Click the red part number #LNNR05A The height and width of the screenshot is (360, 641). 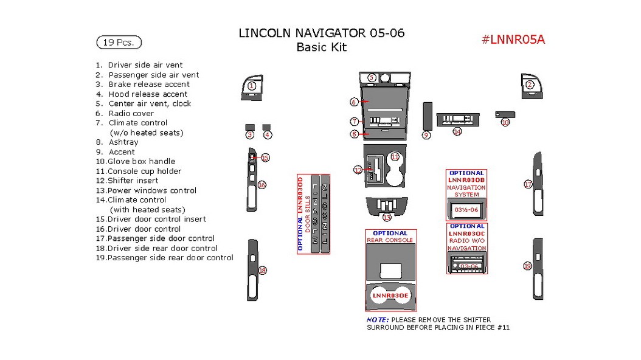[x=513, y=40]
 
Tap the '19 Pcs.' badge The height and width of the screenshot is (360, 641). [x=119, y=43]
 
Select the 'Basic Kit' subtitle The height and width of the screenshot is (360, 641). [x=321, y=47]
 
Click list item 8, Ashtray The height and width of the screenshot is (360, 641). [x=123, y=142]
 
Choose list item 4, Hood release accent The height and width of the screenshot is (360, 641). [x=148, y=94]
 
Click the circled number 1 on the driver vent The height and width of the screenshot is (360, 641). [x=252, y=86]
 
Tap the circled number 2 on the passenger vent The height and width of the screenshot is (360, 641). [x=530, y=85]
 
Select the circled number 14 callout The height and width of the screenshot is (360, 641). [x=457, y=131]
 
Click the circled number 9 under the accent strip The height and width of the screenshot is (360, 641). [x=426, y=135]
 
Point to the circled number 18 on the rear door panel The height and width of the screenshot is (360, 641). [x=263, y=271]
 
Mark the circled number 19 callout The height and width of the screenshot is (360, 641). [x=527, y=266]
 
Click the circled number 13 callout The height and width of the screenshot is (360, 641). [x=387, y=217]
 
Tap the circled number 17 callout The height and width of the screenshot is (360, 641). [x=528, y=184]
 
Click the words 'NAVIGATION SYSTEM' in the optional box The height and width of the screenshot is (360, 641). [x=466, y=192]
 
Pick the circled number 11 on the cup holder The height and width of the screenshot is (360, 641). [x=395, y=157]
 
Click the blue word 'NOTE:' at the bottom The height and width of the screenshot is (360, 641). [x=377, y=320]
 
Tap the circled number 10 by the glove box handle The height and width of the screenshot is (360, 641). [x=505, y=122]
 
